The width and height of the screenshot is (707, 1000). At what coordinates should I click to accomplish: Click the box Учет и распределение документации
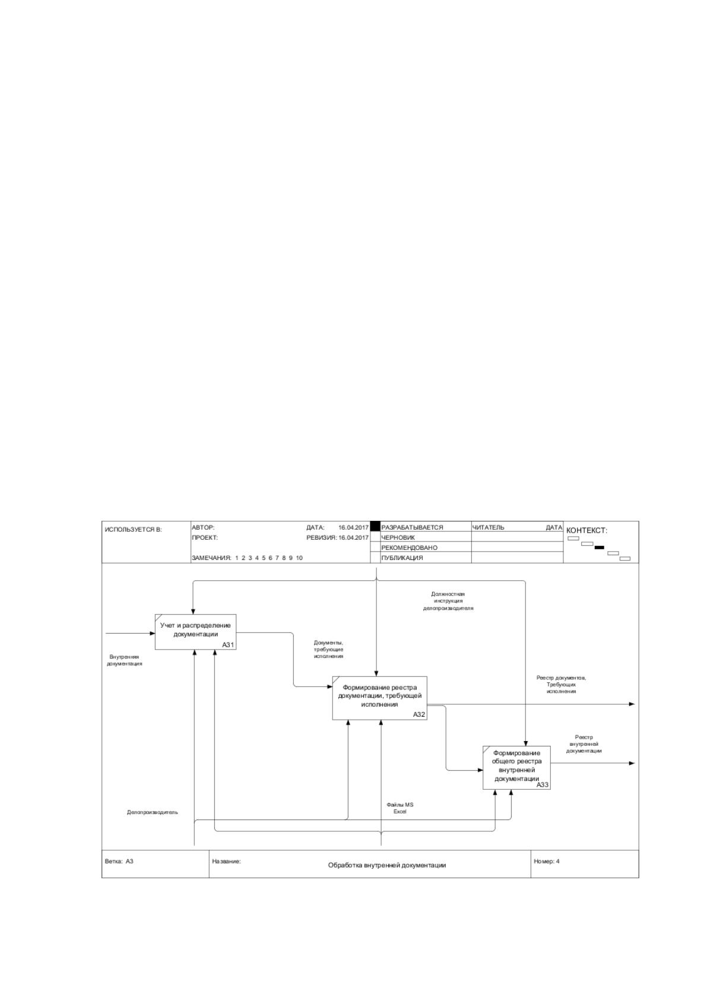[x=195, y=632]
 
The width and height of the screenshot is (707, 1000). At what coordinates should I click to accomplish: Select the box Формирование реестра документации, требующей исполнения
[x=380, y=698]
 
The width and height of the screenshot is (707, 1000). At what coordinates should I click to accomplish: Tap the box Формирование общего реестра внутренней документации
[x=516, y=767]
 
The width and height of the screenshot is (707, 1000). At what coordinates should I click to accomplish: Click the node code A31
[x=228, y=645]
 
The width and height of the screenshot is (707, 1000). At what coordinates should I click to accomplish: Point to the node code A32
[x=419, y=715]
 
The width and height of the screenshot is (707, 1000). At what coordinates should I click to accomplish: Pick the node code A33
[x=543, y=784]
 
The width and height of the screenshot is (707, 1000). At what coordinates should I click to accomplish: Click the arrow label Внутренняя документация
[x=124, y=660]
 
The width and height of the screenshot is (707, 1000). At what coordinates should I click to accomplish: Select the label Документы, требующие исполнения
[x=328, y=650]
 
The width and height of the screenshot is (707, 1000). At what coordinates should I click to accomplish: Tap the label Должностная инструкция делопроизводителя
[x=448, y=601]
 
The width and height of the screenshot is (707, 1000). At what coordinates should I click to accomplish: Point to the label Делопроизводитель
[x=152, y=812]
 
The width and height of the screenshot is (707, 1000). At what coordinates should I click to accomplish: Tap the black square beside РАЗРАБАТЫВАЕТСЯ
[x=375, y=526]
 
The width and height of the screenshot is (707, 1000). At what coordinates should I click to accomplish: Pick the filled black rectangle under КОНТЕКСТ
[x=600, y=548]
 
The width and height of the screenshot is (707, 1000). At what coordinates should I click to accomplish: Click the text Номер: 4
[x=547, y=861]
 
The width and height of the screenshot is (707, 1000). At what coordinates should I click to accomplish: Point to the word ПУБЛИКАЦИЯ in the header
[x=402, y=558]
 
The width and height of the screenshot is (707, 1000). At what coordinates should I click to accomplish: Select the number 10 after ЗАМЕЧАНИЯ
[x=299, y=558]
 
